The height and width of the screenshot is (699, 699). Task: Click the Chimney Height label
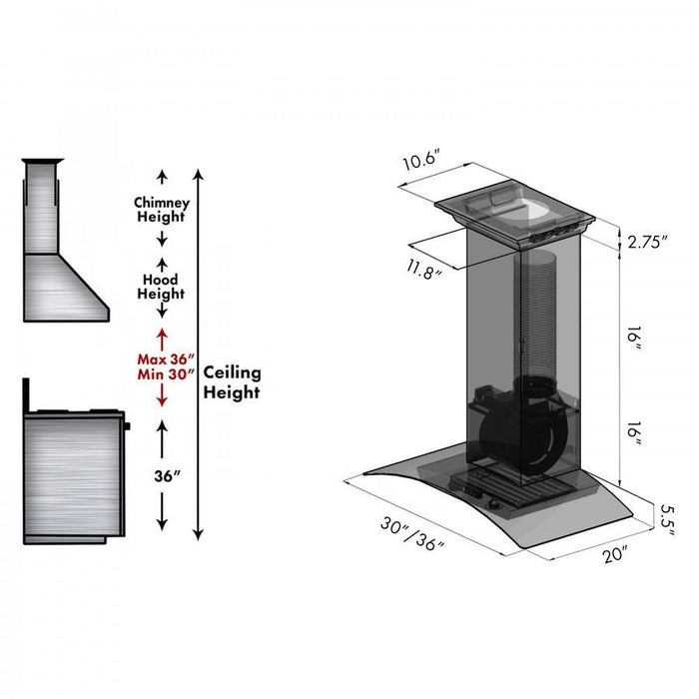[x=162, y=210]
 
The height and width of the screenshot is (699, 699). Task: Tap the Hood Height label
[x=162, y=287]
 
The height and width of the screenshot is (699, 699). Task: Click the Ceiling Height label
[x=232, y=381]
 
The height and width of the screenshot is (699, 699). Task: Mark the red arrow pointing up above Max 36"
[x=162, y=336]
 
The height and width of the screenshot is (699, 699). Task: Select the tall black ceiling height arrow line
[x=199, y=349]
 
